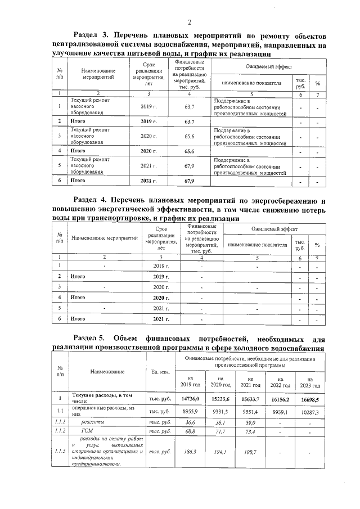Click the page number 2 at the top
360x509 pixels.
[x=190, y=22]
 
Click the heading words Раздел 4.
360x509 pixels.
[x=93, y=200]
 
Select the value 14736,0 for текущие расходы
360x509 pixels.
[x=191, y=399]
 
